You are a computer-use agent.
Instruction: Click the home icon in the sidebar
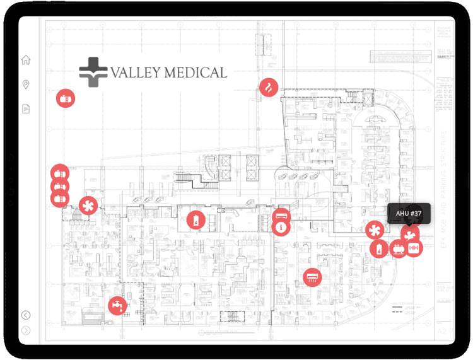click(x=26, y=61)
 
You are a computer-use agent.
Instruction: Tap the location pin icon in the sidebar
click(x=26, y=84)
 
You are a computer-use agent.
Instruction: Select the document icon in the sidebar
click(x=26, y=109)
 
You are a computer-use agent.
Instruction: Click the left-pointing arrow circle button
click(x=26, y=315)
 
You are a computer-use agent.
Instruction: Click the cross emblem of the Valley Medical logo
click(x=93, y=72)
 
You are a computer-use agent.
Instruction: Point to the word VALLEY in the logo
click(x=135, y=73)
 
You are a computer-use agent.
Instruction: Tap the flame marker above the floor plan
click(x=269, y=87)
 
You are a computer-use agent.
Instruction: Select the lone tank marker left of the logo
click(x=65, y=98)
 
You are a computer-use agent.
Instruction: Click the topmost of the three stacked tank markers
click(x=59, y=173)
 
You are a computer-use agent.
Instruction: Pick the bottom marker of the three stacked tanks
click(x=59, y=199)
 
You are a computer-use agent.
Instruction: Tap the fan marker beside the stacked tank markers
click(x=88, y=206)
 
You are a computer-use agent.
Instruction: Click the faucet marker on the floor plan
click(x=117, y=306)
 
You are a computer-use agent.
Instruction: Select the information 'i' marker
click(x=281, y=227)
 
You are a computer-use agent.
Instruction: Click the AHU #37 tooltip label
click(x=409, y=214)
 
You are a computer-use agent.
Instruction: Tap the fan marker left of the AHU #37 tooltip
click(x=375, y=230)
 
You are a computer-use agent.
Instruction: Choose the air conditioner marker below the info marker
click(x=312, y=277)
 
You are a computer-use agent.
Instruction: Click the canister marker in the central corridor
click(x=196, y=221)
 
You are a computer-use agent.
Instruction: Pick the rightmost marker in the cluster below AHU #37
click(x=413, y=248)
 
